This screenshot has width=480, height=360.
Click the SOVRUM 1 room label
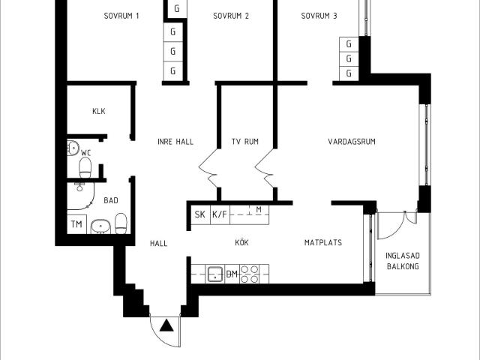coord(121,16)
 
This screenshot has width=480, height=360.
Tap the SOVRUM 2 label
coord(231,16)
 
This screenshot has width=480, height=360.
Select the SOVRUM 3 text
coord(319,16)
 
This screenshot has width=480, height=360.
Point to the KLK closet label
coord(99,112)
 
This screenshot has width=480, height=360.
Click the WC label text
coord(85,153)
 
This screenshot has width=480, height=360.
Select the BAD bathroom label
coord(111,200)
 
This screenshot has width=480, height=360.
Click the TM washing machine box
coord(76,224)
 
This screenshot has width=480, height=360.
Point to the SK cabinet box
coord(200,215)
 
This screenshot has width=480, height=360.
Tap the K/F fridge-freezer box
coord(220,215)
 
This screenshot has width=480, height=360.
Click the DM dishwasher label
coord(232,274)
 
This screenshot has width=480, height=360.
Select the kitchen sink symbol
coord(214,274)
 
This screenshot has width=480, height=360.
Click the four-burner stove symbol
coord(250,274)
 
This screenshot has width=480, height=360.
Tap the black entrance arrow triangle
coord(166,325)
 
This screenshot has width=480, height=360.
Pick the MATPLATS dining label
coord(323,243)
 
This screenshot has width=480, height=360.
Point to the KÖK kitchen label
coord(241,243)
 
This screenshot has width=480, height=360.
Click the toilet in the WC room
coord(85,171)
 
